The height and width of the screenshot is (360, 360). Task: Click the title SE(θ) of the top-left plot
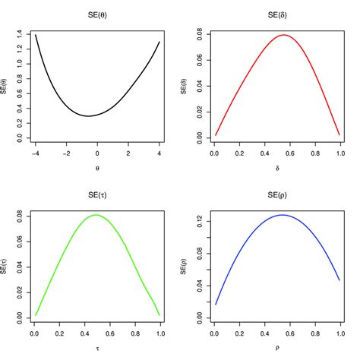click(97, 16)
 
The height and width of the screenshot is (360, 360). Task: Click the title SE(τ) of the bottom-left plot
click(97, 197)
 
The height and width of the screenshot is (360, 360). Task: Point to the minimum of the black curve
click(89, 116)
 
